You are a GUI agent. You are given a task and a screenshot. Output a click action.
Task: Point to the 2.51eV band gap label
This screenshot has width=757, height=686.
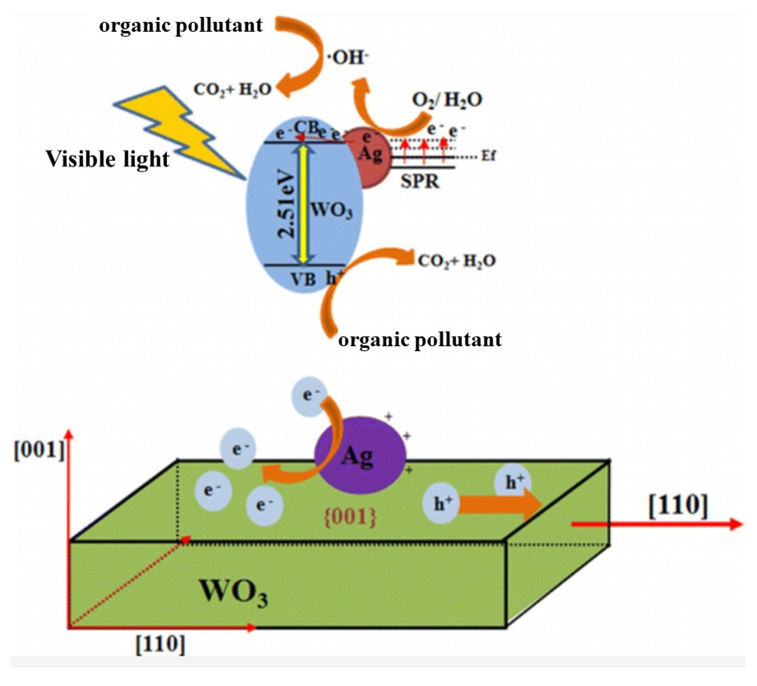point(287,205)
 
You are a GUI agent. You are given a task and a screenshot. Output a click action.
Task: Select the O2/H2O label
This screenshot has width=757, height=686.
point(447,100)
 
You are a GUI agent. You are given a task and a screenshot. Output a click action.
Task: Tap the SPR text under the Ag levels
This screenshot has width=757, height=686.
point(420,182)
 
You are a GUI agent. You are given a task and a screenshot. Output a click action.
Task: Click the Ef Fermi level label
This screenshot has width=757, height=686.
point(488,155)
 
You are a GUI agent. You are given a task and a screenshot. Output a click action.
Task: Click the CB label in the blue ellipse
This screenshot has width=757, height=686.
point(306,127)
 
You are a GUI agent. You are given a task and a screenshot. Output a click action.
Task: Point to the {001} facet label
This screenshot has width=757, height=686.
point(350,518)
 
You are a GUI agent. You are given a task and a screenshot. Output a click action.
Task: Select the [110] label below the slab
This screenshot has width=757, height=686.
point(160,644)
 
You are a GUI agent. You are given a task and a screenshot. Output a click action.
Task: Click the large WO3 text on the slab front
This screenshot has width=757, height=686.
point(234,593)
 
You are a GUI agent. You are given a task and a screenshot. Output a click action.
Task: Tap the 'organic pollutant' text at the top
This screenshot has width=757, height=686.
point(181,25)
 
